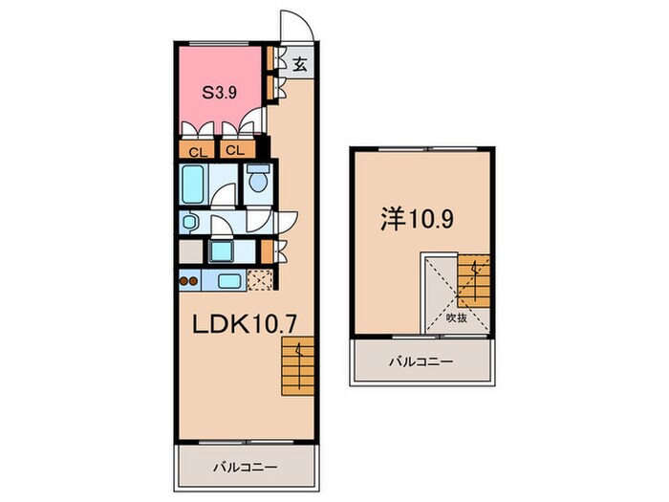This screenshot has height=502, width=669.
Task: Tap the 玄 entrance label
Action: (x=299, y=65)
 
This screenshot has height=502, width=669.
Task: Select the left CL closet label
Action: (x=196, y=151)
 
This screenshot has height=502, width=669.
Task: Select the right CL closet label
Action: (x=235, y=151)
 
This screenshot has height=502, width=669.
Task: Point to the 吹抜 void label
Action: (x=456, y=318)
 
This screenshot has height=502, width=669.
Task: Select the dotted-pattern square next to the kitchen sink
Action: (x=259, y=281)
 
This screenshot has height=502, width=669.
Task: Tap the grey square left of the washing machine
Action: (x=190, y=251)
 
